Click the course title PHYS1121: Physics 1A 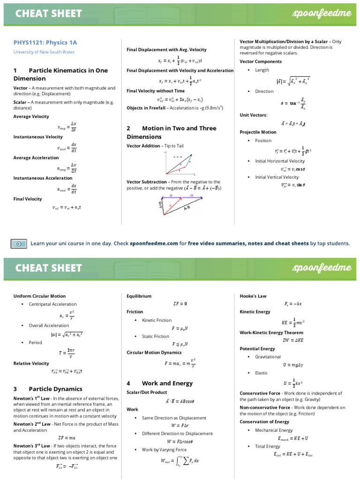click(45, 43)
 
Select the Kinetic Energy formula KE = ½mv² click(293, 322)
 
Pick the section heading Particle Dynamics click(55, 389)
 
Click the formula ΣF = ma click(66, 437)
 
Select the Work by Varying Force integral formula click(179, 461)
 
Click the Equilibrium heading click(139, 296)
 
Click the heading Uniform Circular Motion click(39, 296)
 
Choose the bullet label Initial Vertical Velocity click(277, 177)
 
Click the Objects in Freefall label click(146, 108)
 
